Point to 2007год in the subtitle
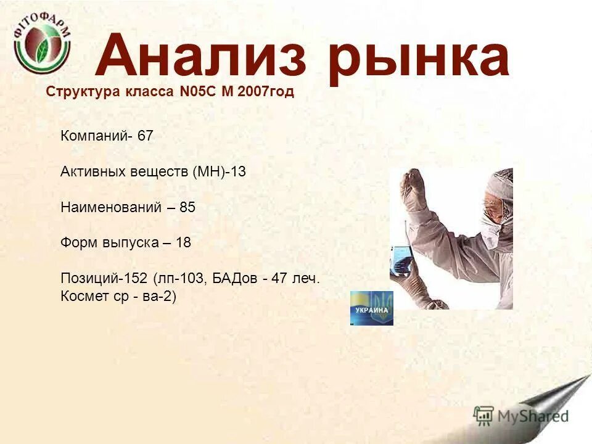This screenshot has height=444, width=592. point(266,92)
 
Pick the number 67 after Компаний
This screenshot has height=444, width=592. point(145,136)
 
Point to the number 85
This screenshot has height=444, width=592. point(187,207)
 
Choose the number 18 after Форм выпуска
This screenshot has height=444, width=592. point(183,243)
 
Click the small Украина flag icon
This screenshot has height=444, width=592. point(372,308)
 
